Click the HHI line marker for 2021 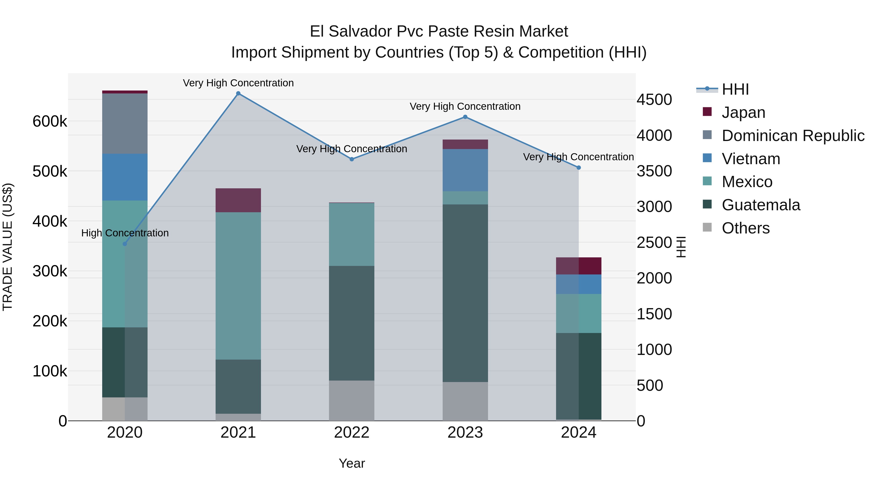click(x=238, y=93)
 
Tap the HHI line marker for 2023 click(x=465, y=117)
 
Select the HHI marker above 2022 click(x=352, y=159)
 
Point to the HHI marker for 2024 click(x=579, y=168)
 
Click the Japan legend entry click(x=743, y=112)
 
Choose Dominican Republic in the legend click(x=793, y=136)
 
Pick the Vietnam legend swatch click(x=707, y=158)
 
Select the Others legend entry click(x=745, y=228)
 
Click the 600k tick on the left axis click(x=50, y=121)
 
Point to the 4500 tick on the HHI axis click(x=654, y=100)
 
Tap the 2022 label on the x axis click(x=352, y=433)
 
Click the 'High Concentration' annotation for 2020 click(x=125, y=233)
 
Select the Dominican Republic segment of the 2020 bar click(x=125, y=123)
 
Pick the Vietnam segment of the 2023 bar click(x=465, y=170)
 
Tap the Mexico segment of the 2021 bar click(x=238, y=286)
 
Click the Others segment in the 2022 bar click(x=352, y=400)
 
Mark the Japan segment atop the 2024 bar click(x=579, y=266)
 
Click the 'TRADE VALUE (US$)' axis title click(x=8, y=247)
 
